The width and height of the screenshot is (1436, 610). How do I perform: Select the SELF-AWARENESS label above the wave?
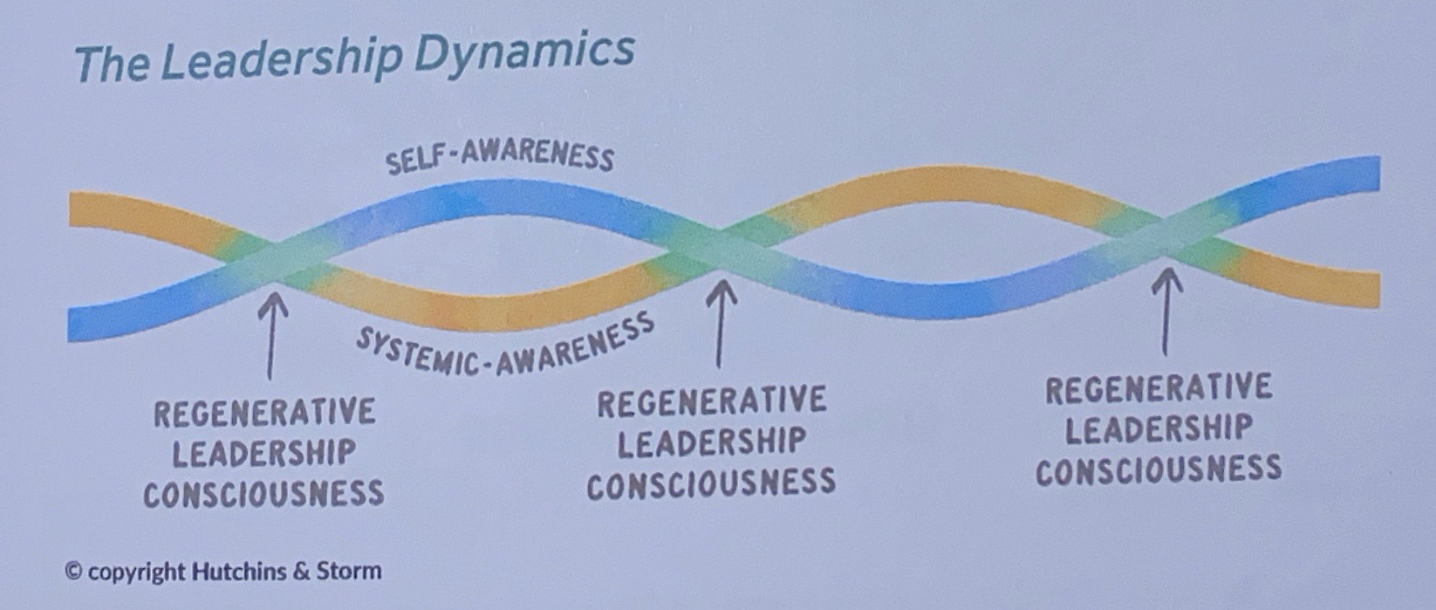pyautogui.click(x=500, y=156)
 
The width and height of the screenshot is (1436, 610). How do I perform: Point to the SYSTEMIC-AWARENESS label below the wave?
pyautogui.click(x=504, y=347)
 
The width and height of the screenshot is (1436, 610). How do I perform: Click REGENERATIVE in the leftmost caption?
pyautogui.click(x=264, y=413)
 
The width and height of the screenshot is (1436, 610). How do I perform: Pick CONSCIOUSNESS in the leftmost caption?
pyautogui.click(x=263, y=495)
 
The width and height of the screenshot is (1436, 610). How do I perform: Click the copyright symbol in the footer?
pyautogui.click(x=74, y=572)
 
